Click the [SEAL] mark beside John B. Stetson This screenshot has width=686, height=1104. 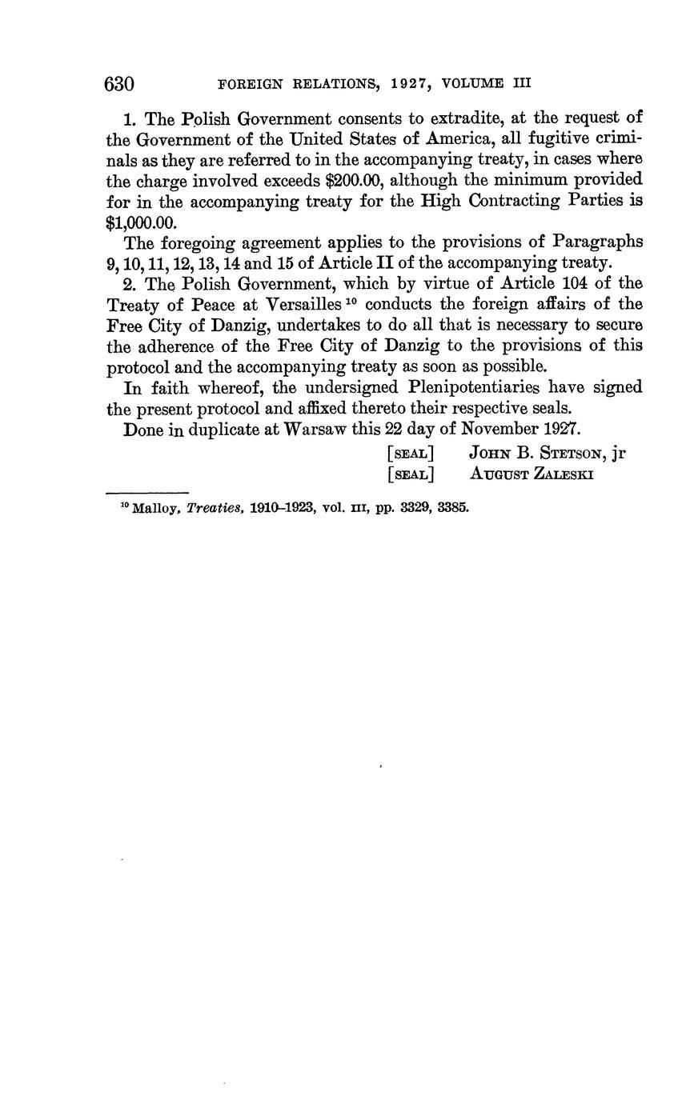(410, 454)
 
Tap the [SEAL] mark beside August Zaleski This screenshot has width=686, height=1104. (410, 474)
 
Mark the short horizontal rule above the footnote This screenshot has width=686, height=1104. (146, 492)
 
